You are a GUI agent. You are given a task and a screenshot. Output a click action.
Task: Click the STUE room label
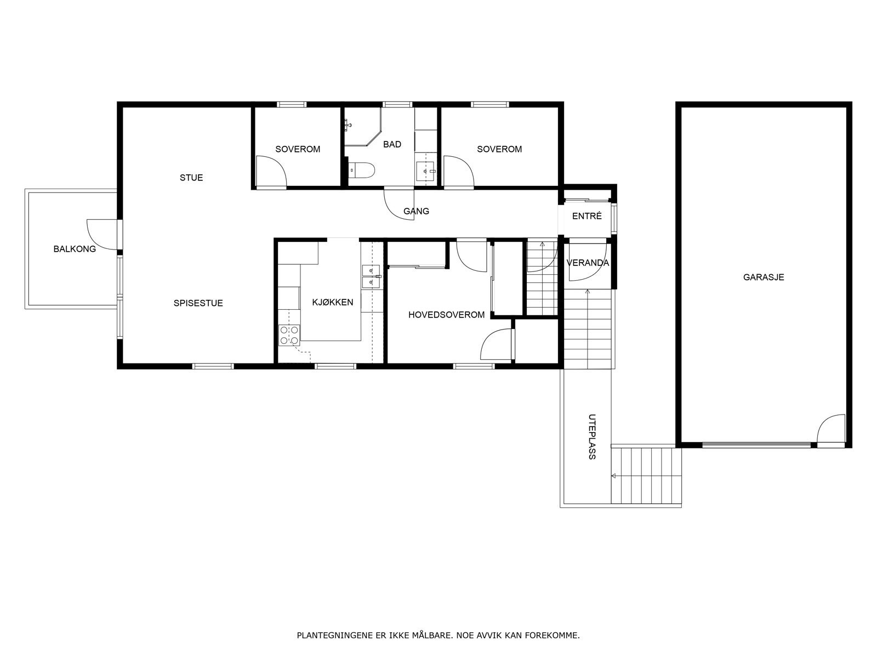[x=191, y=178]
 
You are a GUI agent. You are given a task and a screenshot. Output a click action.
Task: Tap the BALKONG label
[x=75, y=249]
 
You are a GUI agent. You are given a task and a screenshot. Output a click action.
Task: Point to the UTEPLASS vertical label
[x=591, y=436]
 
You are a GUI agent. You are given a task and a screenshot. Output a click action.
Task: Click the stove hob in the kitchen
[x=289, y=335]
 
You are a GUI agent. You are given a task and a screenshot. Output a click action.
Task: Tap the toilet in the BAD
[x=362, y=171]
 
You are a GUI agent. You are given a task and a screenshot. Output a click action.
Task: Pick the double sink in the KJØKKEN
[x=371, y=276]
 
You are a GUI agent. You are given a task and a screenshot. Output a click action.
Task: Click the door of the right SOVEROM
[x=458, y=171]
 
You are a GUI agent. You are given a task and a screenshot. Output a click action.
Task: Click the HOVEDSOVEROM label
[x=446, y=315]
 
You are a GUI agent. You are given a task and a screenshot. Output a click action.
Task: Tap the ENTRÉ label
[x=586, y=216]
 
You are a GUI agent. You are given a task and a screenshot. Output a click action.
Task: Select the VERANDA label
[x=588, y=263]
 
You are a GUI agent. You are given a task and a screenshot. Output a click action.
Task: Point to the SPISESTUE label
[x=198, y=303]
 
